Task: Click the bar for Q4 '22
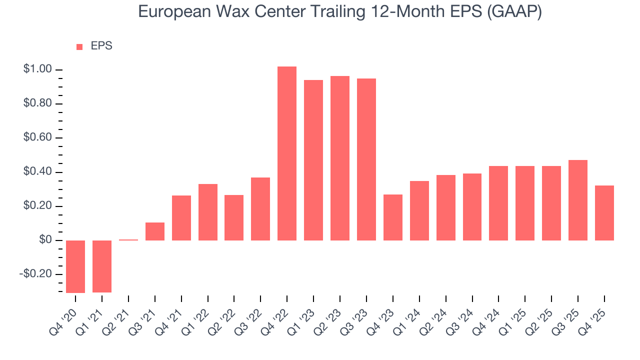pyautogui.click(x=287, y=153)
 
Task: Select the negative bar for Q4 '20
pyautogui.click(x=75, y=266)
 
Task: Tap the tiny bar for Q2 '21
pyautogui.click(x=128, y=240)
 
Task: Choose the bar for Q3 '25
pyautogui.click(x=577, y=200)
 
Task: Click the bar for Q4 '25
pyautogui.click(x=604, y=213)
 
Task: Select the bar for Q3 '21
pyautogui.click(x=155, y=231)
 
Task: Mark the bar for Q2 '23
pyautogui.click(x=340, y=158)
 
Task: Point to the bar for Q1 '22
pyautogui.click(x=208, y=212)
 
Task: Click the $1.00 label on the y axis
pyautogui.click(x=37, y=69)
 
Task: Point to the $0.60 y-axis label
pyautogui.click(x=37, y=138)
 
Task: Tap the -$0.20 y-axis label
pyautogui.click(x=36, y=274)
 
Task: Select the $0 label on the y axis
pyautogui.click(x=45, y=240)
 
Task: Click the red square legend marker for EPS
pyautogui.click(x=79, y=47)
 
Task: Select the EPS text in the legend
pyautogui.click(x=101, y=46)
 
